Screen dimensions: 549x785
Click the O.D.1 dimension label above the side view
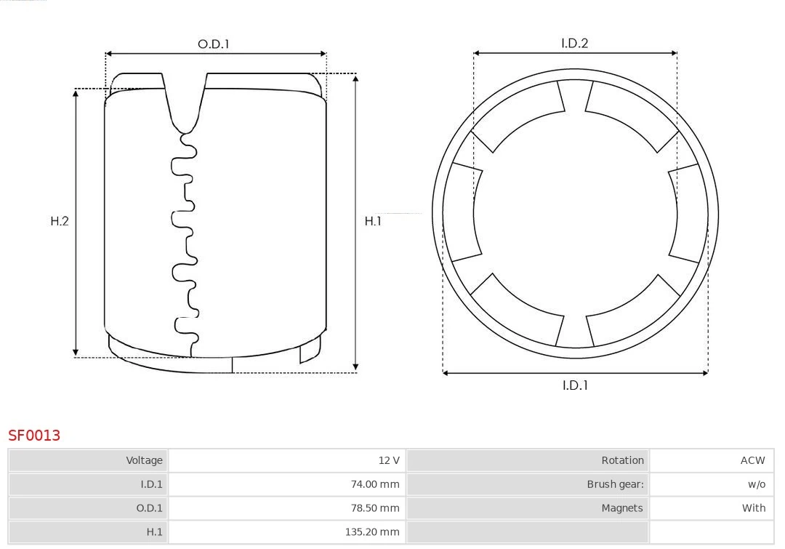[x=213, y=44]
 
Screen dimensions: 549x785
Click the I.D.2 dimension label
[x=574, y=44]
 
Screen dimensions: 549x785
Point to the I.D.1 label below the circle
[x=574, y=385]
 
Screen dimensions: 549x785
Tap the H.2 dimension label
[x=60, y=221]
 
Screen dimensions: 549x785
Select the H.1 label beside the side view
[x=373, y=221]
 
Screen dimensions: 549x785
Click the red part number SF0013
[x=34, y=436]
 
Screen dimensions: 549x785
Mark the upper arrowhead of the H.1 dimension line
[x=355, y=78]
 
